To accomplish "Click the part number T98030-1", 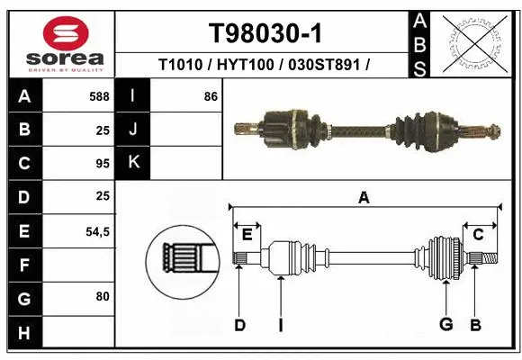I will [x=265, y=33].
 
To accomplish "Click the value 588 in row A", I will [x=100, y=96].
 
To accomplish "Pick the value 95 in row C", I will [x=102, y=163].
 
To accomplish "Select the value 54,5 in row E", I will [x=97, y=230].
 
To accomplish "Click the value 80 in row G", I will [x=102, y=296].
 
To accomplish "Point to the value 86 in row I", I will [x=211, y=96].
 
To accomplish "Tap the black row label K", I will [x=133, y=163].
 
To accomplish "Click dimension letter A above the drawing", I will [x=364, y=199].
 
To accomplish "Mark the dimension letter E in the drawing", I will [x=247, y=235].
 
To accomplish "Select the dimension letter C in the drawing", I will [x=479, y=235].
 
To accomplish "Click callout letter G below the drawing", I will [x=445, y=324].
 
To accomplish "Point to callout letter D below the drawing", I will [x=239, y=324].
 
